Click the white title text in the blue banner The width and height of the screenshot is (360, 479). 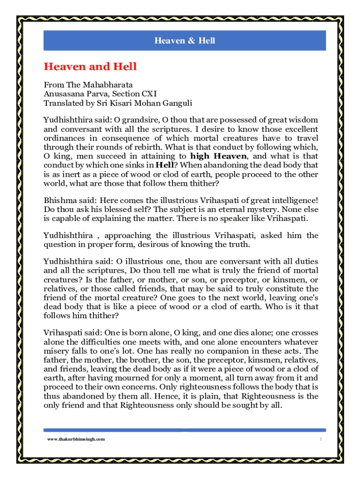tap(185, 41)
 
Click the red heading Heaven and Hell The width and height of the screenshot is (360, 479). tap(90, 66)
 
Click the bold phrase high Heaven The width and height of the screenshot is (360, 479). tap(219, 156)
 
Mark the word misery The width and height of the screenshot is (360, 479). tap(55, 351)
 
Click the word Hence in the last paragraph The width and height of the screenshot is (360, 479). tap(192, 396)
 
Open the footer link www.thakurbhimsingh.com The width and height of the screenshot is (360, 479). tap(76, 439)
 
